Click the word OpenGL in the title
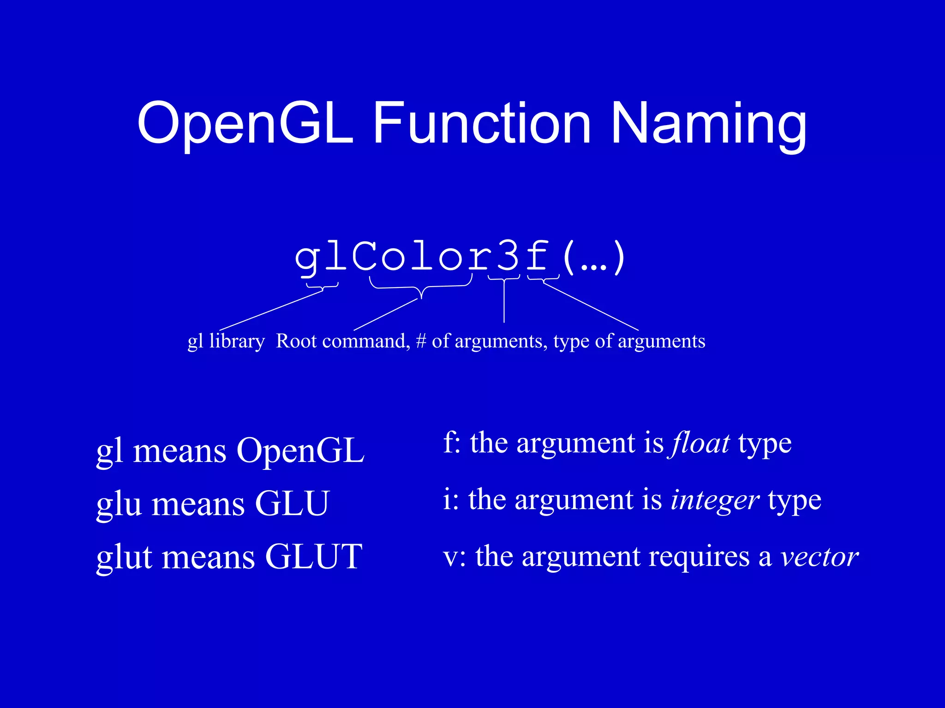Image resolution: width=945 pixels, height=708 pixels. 245,124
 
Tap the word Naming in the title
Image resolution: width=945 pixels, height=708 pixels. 708,124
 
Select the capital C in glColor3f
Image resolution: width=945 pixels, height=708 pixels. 364,257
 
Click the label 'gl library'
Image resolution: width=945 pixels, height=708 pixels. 226,342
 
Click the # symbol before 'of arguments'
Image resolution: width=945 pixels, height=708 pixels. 420,342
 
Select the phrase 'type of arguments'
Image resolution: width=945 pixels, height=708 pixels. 629,342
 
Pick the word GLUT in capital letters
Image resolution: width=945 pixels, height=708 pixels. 314,557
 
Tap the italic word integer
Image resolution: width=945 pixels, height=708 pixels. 714,500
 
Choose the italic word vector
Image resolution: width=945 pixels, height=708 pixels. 819,557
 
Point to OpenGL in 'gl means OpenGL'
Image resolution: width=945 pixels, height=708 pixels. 300,450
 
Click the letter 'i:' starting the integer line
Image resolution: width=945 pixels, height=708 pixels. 450,500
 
